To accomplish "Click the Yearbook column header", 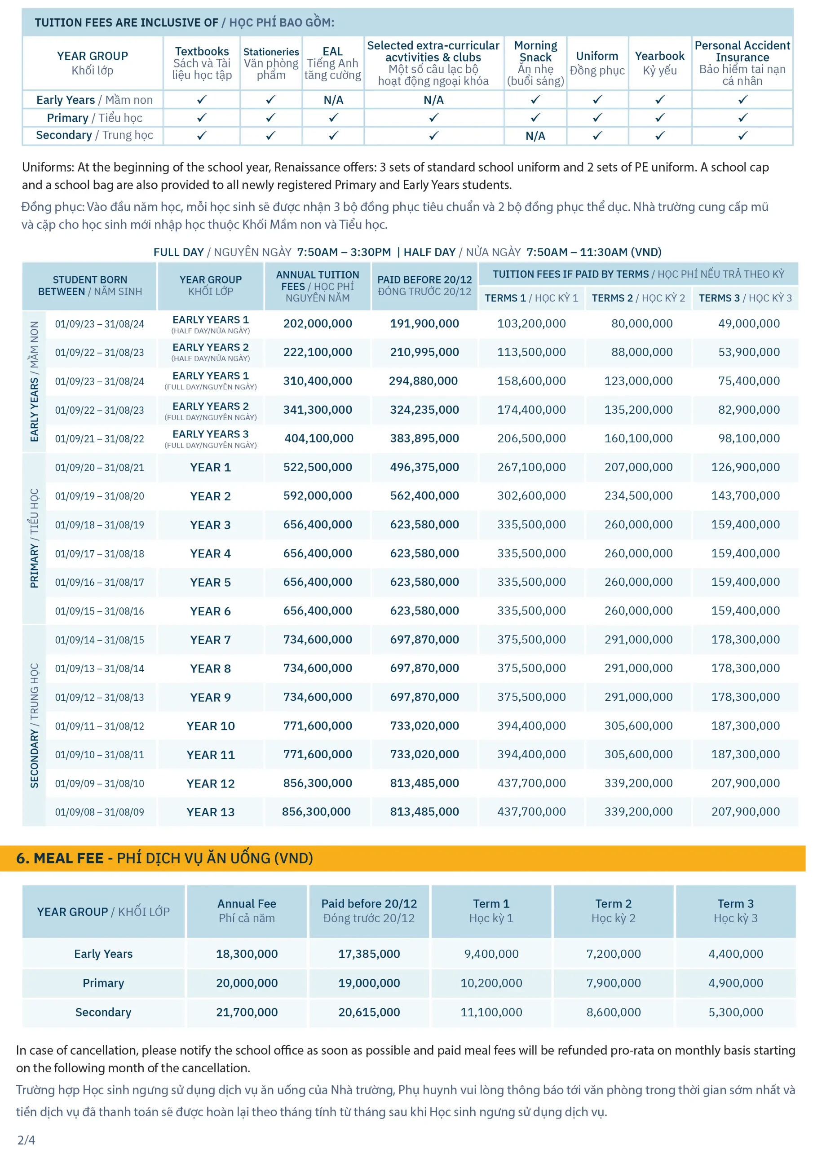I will [659, 62].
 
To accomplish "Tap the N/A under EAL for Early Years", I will [333, 100].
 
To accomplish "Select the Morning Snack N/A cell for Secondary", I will [535, 136].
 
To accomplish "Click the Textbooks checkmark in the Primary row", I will [201, 118].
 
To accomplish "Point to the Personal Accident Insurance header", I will [742, 62].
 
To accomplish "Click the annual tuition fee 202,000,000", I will [318, 323].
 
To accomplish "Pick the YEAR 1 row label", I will [210, 467].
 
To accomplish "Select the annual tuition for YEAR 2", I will [318, 496].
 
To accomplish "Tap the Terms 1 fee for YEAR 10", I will [531, 726].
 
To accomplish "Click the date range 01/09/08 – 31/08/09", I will [99, 812].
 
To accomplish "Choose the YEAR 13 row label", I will [210, 812].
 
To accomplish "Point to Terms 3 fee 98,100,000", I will [748, 438].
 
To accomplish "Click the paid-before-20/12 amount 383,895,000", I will [424, 438].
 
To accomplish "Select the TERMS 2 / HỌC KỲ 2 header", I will [638, 298].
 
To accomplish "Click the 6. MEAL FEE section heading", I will [164, 858].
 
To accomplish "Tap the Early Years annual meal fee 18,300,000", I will [247, 954].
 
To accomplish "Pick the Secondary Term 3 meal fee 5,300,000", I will [735, 1012].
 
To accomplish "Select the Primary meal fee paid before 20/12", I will [369, 983].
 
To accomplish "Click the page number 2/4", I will [26, 1140].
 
